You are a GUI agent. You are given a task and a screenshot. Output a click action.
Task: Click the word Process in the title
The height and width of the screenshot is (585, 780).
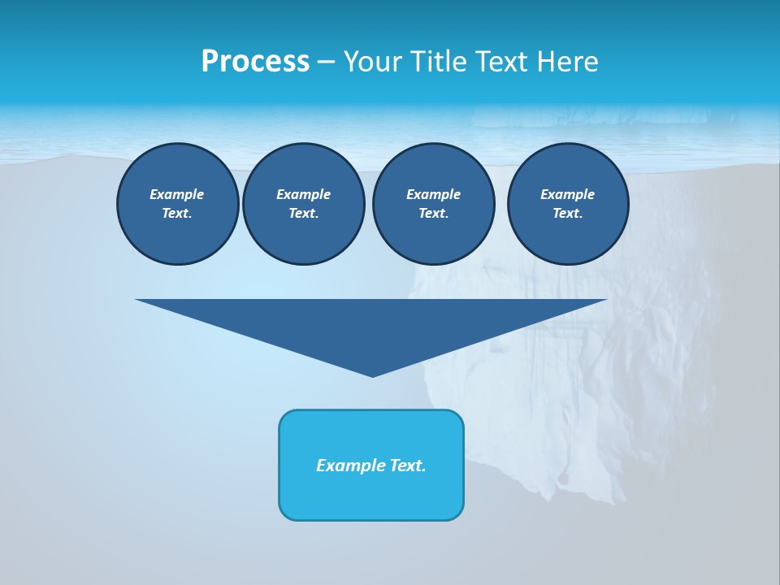255,62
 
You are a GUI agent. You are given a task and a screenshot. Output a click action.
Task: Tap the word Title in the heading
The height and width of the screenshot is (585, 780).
440,62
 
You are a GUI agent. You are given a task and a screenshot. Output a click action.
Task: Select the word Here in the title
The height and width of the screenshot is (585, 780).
568,62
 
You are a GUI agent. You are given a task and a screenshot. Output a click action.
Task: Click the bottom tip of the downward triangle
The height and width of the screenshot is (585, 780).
373,375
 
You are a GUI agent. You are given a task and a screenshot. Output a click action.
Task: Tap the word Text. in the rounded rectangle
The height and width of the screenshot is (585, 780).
408,466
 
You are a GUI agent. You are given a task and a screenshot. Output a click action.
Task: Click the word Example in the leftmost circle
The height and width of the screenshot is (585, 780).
177,194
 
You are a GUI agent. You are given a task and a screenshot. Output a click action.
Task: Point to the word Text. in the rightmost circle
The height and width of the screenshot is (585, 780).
568,213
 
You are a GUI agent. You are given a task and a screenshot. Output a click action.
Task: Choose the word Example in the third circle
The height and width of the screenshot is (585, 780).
433,194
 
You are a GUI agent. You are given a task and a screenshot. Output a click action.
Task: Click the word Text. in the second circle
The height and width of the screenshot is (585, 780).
303,213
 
